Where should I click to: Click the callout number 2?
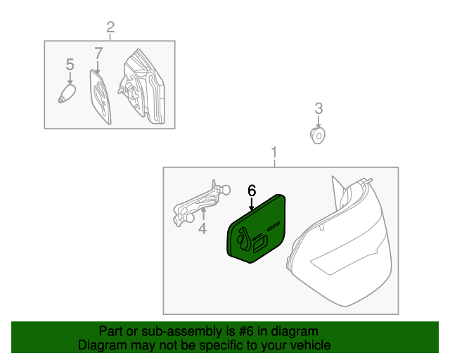point(110,27)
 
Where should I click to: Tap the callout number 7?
point(98,53)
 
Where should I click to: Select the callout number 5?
point(70,64)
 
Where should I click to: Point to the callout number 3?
point(319,108)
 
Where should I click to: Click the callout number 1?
point(274,153)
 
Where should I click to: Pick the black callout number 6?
point(252,191)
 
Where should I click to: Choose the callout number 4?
point(202,229)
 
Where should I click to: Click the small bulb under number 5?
point(67,94)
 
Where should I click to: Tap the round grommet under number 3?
point(317,136)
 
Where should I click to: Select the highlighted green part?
point(256,229)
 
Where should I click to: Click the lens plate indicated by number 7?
point(100,97)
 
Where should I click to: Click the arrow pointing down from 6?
point(252,205)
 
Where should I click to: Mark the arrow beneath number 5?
point(70,78)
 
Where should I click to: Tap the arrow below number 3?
point(319,122)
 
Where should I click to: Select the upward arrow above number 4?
point(203,214)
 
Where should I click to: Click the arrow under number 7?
point(98,67)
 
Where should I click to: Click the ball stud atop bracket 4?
point(226,190)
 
